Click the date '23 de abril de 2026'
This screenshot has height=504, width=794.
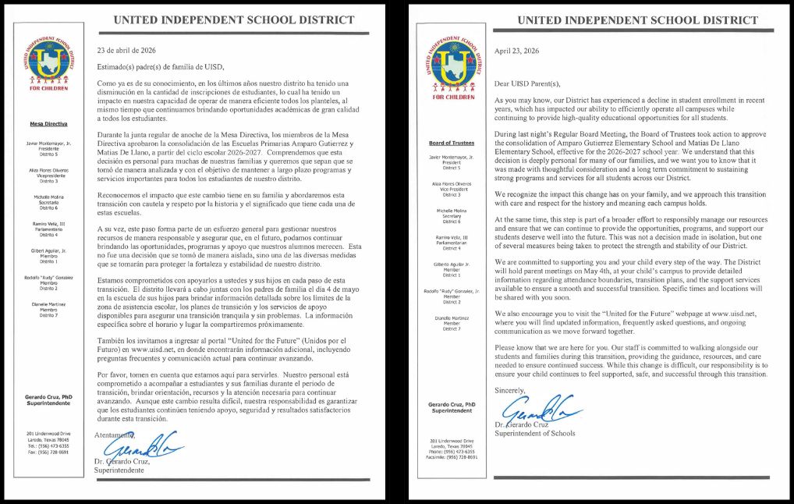click(x=126, y=50)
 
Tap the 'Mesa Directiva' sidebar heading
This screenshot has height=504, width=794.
click(x=48, y=123)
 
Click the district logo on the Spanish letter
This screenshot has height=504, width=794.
click(x=48, y=62)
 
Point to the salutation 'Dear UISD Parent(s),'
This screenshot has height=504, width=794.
click(x=527, y=83)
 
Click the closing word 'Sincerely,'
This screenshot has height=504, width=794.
click(x=510, y=390)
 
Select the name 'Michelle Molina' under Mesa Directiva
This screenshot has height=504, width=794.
click(x=48, y=197)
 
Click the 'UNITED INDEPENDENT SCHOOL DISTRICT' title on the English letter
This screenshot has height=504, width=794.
click(x=637, y=20)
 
